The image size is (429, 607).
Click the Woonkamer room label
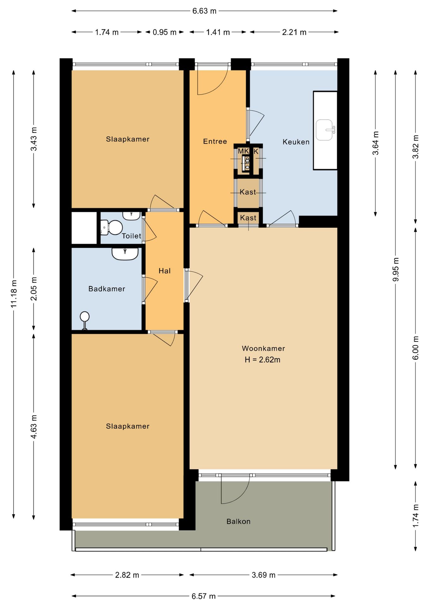coord(263,348)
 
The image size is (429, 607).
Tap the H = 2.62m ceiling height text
coord(263,360)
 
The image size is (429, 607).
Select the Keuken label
coord(296,142)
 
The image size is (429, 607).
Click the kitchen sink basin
coord(324,130)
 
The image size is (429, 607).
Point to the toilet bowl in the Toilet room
coord(112,228)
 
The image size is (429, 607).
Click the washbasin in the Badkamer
coord(125,254)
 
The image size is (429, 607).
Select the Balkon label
coord(239,521)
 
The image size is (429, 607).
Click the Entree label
coord(215,141)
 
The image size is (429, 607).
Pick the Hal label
coord(165,271)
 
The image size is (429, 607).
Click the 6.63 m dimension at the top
coord(204,11)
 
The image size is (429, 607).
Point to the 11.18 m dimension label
coord(14,294)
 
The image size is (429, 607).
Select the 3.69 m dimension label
coord(263,575)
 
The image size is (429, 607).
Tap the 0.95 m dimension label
coord(165,32)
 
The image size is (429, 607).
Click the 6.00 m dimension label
coord(415,348)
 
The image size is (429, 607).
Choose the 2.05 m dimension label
coord(34,289)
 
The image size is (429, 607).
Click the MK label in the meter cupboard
coord(243,151)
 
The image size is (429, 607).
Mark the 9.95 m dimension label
coord(396,269)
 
